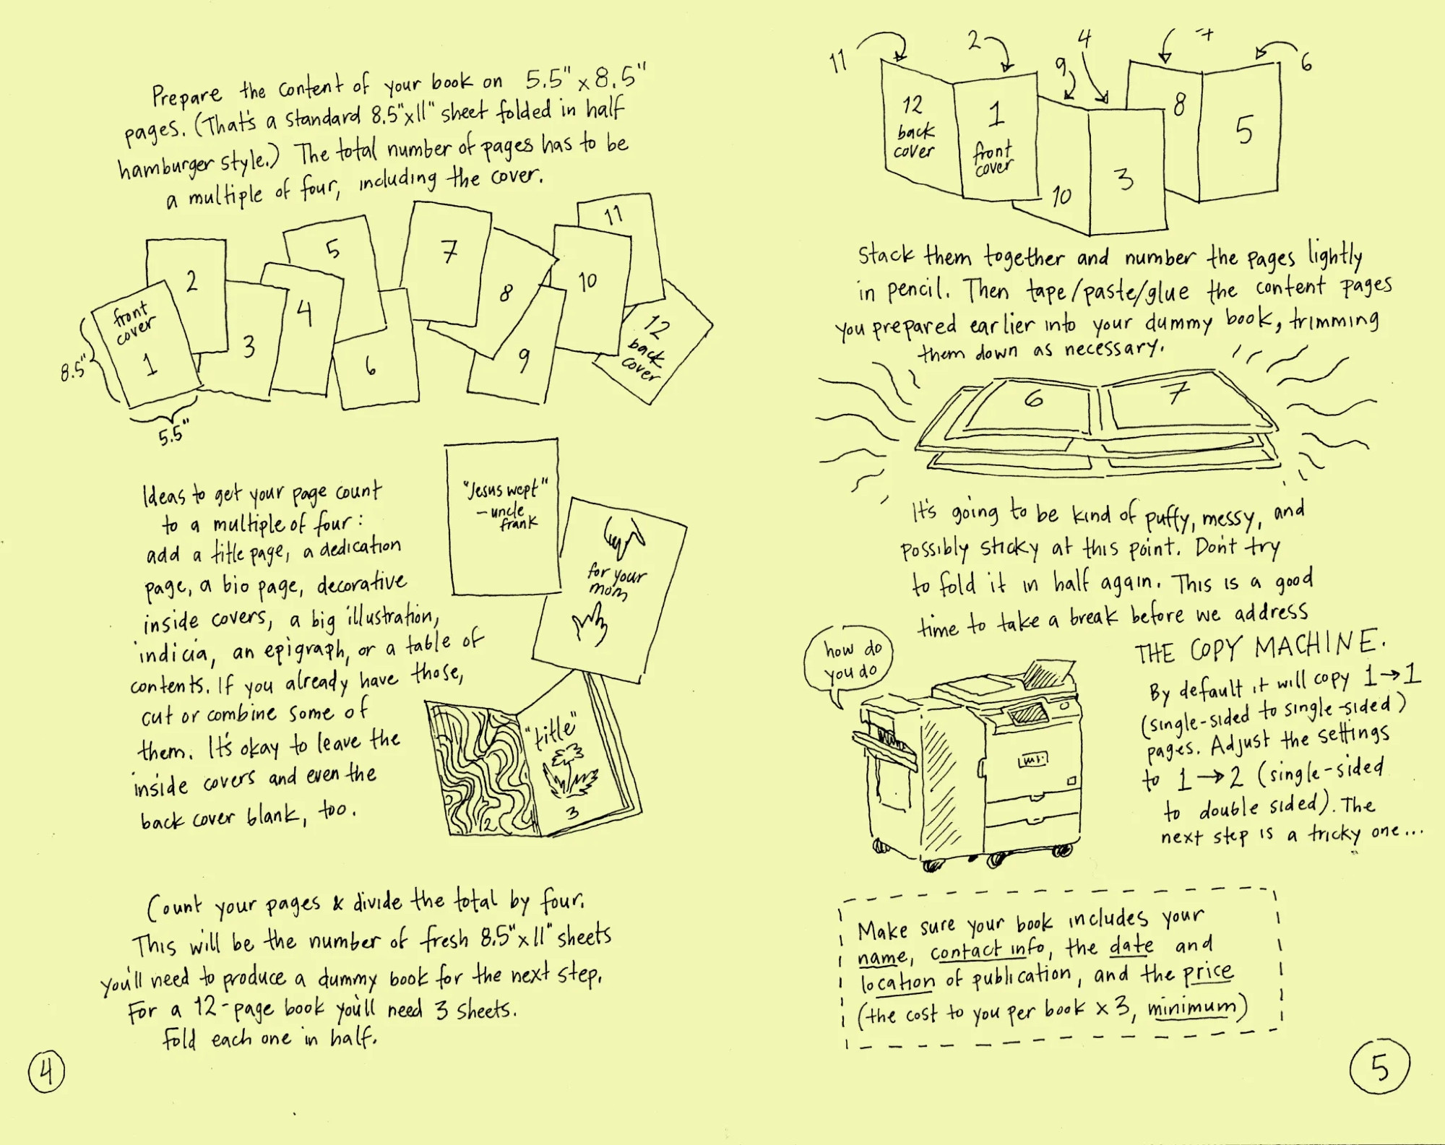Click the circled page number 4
(46, 1071)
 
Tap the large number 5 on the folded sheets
(1243, 131)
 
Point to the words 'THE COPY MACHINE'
(1259, 647)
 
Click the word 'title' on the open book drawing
(555, 731)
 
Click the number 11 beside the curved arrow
(838, 62)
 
